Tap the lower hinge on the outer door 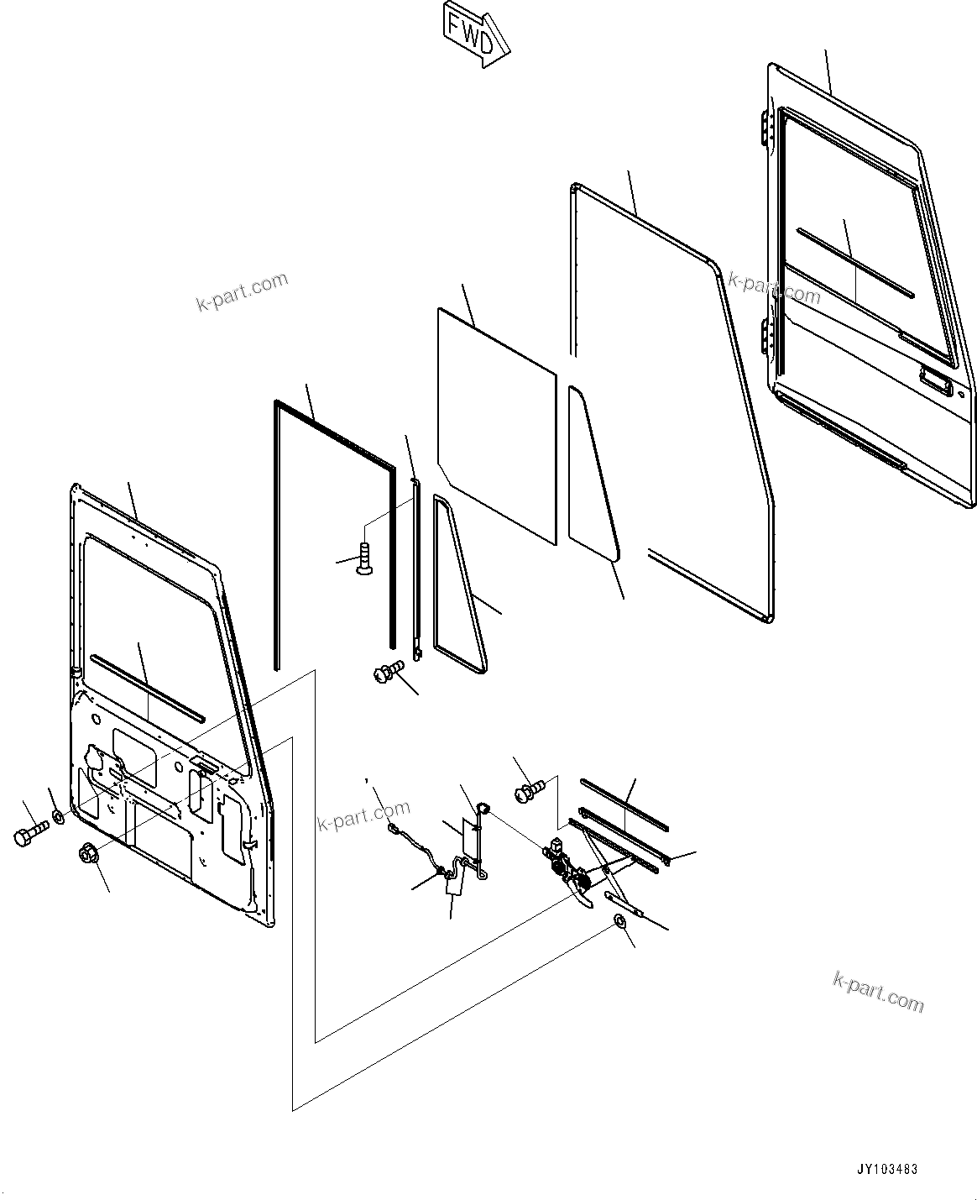tap(765, 336)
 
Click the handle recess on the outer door tap(935, 381)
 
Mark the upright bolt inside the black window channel tap(363, 558)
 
